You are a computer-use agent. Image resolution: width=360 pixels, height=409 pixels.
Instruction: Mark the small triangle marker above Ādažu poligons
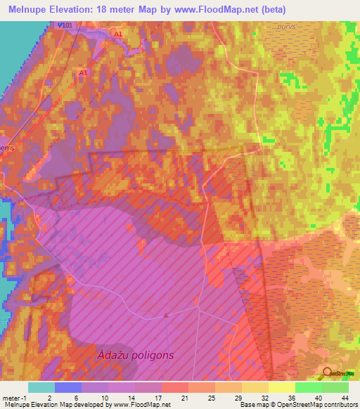point(166,315)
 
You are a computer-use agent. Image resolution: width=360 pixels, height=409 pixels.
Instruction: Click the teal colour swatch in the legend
point(41,387)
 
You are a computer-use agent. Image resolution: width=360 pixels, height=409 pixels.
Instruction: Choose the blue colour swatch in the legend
point(68,387)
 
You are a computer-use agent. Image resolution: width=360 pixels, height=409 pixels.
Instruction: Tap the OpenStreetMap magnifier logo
point(328,373)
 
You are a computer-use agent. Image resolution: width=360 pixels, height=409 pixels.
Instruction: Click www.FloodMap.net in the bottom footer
point(141,405)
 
